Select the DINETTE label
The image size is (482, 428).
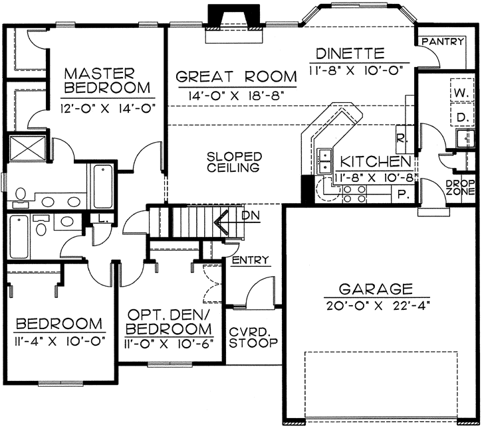point(350,53)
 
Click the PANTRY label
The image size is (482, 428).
point(441,42)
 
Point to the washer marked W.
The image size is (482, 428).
point(461,92)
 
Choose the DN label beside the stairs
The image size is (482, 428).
point(251,216)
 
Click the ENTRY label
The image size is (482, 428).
point(251,260)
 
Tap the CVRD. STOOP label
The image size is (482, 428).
point(253,338)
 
